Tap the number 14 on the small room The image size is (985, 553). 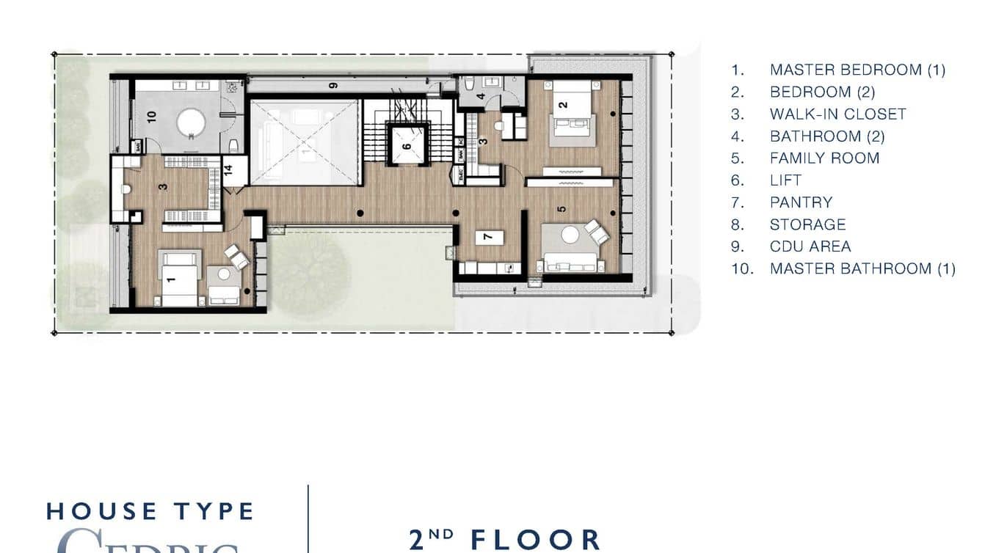[x=228, y=170]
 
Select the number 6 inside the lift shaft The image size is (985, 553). [x=406, y=146]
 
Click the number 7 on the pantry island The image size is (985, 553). [x=486, y=237]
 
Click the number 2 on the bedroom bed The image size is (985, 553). [x=563, y=105]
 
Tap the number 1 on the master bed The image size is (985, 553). [x=172, y=279]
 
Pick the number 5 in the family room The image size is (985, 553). [x=561, y=208]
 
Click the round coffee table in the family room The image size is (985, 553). [x=570, y=234]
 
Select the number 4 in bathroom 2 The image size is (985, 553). [x=481, y=96]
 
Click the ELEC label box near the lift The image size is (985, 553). [x=459, y=176]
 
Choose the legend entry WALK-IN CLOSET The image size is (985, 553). [x=837, y=114]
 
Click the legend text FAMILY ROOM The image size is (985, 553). [x=824, y=158]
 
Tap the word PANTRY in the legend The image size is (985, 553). [x=801, y=202]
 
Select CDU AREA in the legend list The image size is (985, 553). [x=810, y=246]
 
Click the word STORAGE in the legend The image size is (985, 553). [x=807, y=224]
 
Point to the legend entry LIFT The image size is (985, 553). [x=785, y=180]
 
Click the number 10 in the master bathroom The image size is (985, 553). [x=152, y=116]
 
